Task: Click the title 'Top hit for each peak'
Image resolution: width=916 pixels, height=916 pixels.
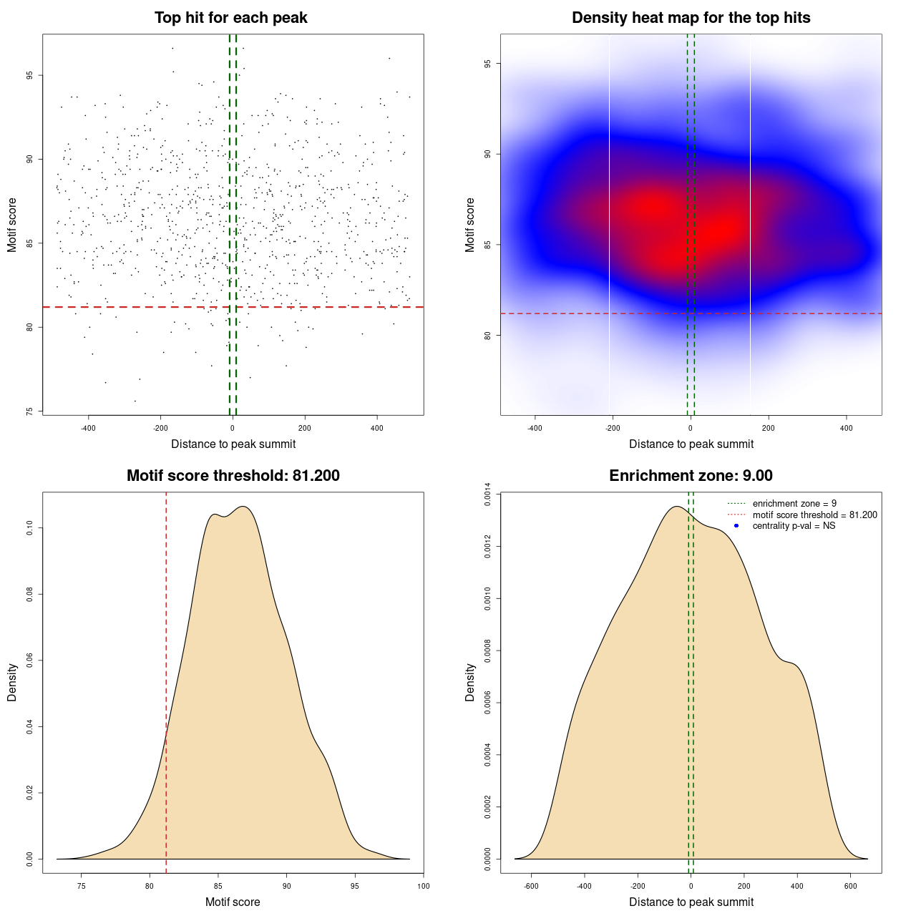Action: (x=230, y=18)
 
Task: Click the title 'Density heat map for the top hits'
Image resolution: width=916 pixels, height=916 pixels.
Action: (x=691, y=18)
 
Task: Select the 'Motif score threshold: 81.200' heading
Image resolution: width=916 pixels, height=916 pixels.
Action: (x=233, y=476)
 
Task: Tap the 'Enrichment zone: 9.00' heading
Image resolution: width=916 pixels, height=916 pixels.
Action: (x=691, y=476)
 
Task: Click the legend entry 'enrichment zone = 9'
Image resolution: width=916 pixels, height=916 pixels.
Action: (x=794, y=504)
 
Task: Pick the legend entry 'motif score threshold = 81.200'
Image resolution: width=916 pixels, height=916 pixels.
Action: (x=814, y=515)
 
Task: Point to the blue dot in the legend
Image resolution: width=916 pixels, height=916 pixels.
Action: (x=736, y=526)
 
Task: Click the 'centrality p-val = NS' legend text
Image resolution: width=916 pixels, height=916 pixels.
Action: (x=794, y=526)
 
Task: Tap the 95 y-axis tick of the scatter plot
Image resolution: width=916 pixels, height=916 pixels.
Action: (x=29, y=75)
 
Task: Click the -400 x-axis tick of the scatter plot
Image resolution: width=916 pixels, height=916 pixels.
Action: (x=88, y=428)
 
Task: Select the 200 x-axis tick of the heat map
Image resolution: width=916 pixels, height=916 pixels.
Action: (x=768, y=428)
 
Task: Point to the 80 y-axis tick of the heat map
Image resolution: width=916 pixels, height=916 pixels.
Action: (x=487, y=335)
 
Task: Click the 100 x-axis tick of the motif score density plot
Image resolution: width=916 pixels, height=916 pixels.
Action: (x=423, y=886)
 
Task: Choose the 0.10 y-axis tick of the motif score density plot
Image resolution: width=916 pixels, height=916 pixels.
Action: (x=29, y=528)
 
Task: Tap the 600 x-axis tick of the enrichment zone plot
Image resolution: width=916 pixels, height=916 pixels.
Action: (x=850, y=886)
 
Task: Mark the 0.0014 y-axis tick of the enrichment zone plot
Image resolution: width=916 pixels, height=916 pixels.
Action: (x=487, y=494)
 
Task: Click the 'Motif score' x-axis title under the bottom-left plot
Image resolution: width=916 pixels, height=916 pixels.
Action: (x=233, y=902)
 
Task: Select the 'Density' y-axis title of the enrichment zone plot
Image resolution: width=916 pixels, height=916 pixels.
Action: (x=470, y=682)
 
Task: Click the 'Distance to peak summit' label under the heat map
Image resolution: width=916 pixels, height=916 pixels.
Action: (x=691, y=444)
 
